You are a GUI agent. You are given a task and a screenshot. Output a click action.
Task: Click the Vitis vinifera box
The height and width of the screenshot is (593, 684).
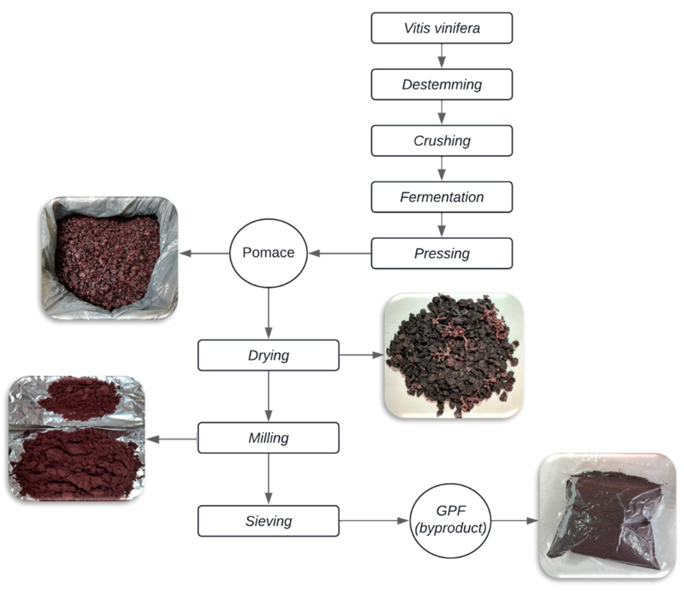tap(442, 28)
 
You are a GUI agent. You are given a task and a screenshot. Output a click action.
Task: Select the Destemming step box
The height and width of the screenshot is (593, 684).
tap(442, 84)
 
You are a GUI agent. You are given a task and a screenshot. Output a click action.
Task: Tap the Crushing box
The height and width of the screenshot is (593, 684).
tap(442, 141)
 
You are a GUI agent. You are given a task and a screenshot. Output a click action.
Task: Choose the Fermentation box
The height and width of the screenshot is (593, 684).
tap(442, 197)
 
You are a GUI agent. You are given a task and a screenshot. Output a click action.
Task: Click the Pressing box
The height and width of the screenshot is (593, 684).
tap(442, 254)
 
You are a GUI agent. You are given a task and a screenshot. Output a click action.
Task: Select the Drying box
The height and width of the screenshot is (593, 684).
tap(268, 355)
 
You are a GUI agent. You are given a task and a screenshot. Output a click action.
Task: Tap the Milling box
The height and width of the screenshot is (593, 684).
tap(268, 438)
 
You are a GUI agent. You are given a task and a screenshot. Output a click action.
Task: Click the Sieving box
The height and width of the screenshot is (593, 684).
tap(268, 521)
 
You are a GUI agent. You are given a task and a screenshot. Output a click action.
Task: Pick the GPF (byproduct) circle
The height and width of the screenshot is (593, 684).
tap(451, 521)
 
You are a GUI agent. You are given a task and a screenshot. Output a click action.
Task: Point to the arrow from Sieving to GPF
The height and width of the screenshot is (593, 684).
tap(374, 521)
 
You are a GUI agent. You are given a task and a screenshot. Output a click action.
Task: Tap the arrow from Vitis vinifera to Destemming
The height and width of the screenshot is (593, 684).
tap(442, 56)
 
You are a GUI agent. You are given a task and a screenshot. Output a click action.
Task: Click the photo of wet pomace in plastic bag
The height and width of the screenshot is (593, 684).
tap(110, 258)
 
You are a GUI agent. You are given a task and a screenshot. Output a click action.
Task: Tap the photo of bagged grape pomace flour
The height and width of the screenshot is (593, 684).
tap(608, 516)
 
